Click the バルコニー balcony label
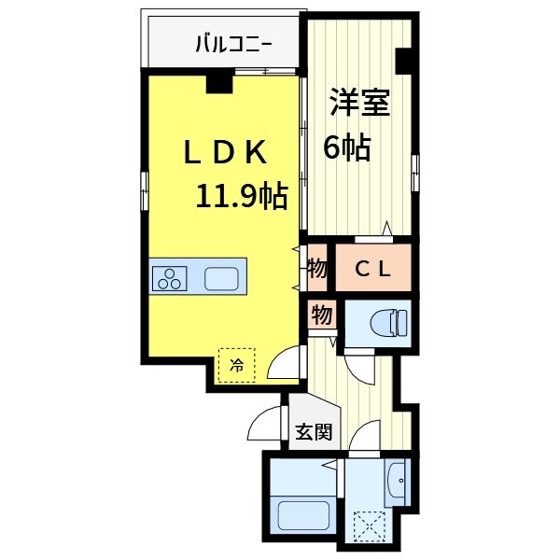tap(233, 43)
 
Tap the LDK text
tap(226, 152)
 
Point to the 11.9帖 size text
tap(241, 196)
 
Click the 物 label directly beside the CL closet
tap(317, 269)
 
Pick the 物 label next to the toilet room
tap(322, 315)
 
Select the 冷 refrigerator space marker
tap(237, 365)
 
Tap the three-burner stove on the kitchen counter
tap(171, 278)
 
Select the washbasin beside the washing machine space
tap(399, 483)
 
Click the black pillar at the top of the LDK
tap(219, 84)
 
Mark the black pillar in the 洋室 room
tap(403, 60)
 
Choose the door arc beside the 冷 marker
tap(285, 363)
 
